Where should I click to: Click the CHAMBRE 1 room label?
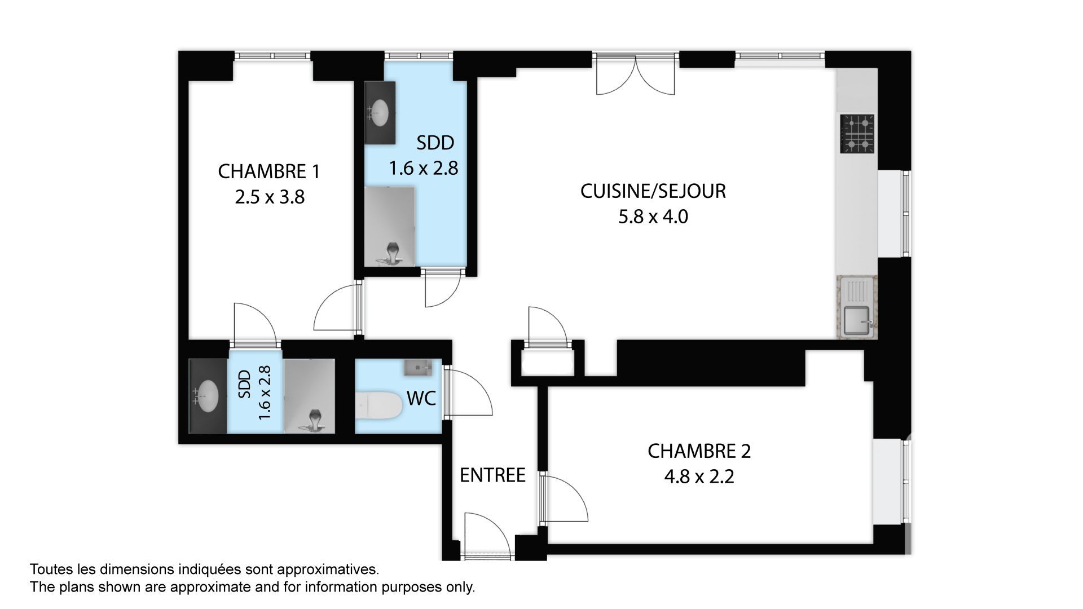click(269, 171)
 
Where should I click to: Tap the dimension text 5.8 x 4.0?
click(653, 217)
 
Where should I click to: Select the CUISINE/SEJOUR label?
click(653, 191)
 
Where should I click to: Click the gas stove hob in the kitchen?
click(857, 134)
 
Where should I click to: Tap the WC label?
click(421, 399)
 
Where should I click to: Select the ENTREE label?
click(492, 475)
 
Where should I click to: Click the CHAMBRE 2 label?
click(699, 451)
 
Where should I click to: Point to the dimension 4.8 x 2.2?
click(699, 477)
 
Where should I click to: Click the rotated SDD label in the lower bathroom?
click(244, 384)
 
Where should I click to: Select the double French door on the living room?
click(636, 74)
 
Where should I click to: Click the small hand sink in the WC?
click(417, 368)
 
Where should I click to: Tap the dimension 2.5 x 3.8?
click(270, 197)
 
